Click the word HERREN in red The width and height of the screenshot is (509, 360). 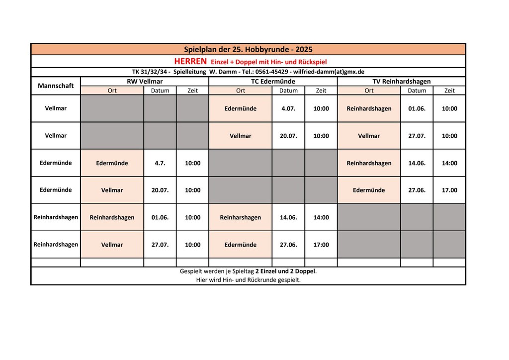pos(190,61)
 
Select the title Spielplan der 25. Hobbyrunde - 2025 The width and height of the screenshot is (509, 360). pos(248,49)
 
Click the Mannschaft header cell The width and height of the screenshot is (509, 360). pos(56,86)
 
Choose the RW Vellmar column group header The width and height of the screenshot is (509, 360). pos(145,81)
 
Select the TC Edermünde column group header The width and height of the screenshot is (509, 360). pos(273,81)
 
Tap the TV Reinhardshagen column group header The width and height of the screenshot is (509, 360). pos(401,81)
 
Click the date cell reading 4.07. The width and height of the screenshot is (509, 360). pos(288,108)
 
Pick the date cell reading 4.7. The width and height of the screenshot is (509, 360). pos(160,163)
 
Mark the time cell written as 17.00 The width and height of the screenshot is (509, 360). pos(449,190)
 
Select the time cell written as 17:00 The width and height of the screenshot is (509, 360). pos(321,245)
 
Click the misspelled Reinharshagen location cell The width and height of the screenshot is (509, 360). pos(240,217)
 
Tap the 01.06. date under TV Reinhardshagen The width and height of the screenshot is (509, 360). pos(417,108)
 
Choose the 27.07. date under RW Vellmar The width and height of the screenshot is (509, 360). pos(160,245)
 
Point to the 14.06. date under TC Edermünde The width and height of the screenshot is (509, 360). pos(288,217)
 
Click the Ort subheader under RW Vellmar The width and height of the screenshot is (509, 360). pos(112,90)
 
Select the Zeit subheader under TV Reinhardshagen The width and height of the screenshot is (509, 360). pos(449,90)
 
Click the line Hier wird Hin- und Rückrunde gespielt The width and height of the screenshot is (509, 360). pos(248,280)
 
